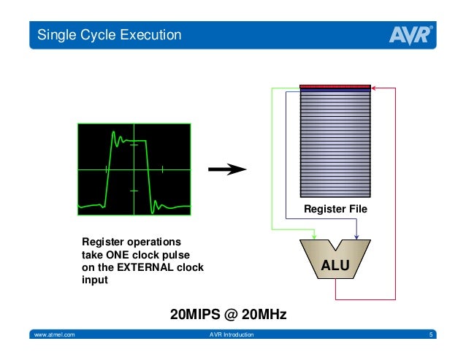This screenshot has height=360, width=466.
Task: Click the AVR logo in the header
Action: tap(410, 34)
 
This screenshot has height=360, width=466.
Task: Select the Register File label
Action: tap(335, 210)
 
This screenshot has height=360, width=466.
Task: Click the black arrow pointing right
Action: tap(226, 169)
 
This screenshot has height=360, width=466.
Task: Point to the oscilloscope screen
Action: tap(134, 169)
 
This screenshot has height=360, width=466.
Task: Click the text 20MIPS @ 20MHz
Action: tap(228, 315)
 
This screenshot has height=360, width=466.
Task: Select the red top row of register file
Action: tap(336, 87)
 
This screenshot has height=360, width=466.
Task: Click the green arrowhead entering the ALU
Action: tap(314, 234)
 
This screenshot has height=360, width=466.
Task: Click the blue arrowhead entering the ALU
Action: tap(355, 234)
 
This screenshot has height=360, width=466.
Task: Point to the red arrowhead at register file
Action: tap(373, 88)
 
